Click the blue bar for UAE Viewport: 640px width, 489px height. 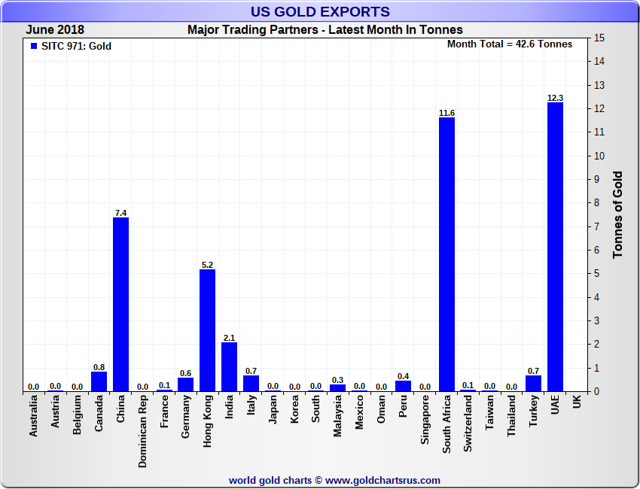[555, 248]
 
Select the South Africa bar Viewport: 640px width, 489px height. [446, 256]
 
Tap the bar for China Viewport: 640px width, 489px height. [120, 305]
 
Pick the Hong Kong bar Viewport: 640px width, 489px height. [207, 331]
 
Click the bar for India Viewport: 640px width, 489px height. [229, 367]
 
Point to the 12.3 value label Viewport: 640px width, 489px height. [555, 98]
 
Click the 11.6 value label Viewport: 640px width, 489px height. [446, 113]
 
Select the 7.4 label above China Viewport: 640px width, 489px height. [120, 213]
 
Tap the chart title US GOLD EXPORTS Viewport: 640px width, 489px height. [320, 11]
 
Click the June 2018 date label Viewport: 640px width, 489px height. [55, 30]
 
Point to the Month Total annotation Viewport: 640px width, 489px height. [510, 44]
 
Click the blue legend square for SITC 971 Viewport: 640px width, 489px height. [33, 46]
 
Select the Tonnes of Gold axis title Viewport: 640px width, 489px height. [617, 214]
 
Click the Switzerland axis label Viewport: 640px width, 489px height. [468, 424]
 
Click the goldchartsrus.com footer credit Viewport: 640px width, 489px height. [334, 480]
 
